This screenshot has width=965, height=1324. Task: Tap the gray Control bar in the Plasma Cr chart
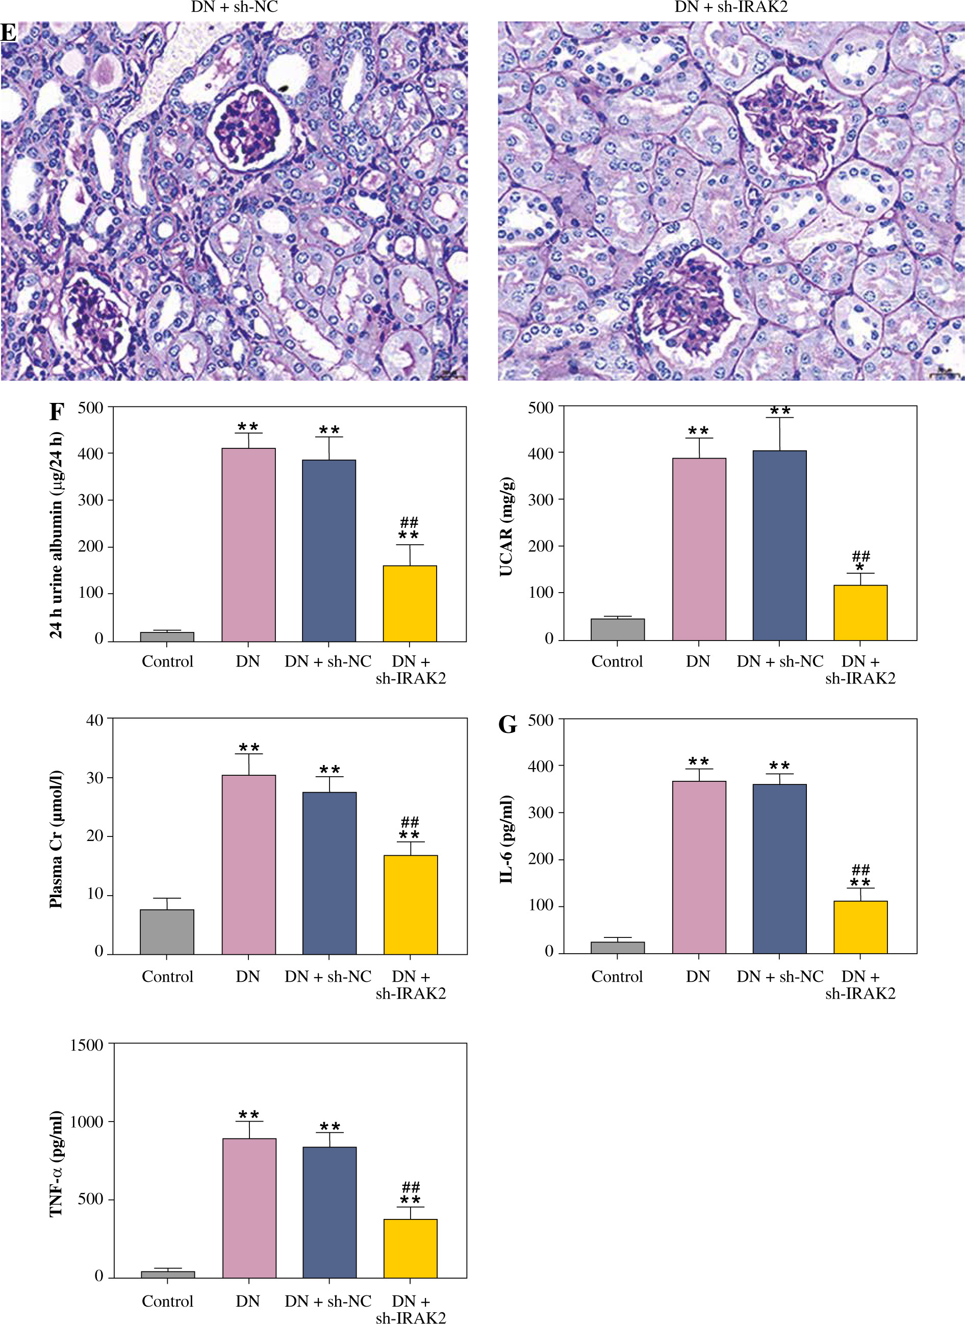(167, 931)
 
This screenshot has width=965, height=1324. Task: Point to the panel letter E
(8, 33)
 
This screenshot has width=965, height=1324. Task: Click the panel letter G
(507, 725)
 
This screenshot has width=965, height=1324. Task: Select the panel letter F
(56, 412)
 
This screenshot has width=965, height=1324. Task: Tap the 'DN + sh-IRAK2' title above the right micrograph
(731, 7)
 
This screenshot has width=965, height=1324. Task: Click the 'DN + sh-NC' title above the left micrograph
(234, 7)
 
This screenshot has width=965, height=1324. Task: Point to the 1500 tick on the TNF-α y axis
(87, 1045)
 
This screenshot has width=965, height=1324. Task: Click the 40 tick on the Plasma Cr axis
(95, 720)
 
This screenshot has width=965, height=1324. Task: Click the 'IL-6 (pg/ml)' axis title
(506, 839)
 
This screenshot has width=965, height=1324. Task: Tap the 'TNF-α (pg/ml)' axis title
(56, 1162)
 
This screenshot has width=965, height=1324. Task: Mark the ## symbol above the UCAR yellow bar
(860, 555)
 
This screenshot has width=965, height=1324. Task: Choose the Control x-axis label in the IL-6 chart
(617, 977)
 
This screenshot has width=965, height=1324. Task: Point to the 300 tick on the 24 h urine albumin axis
(91, 500)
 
